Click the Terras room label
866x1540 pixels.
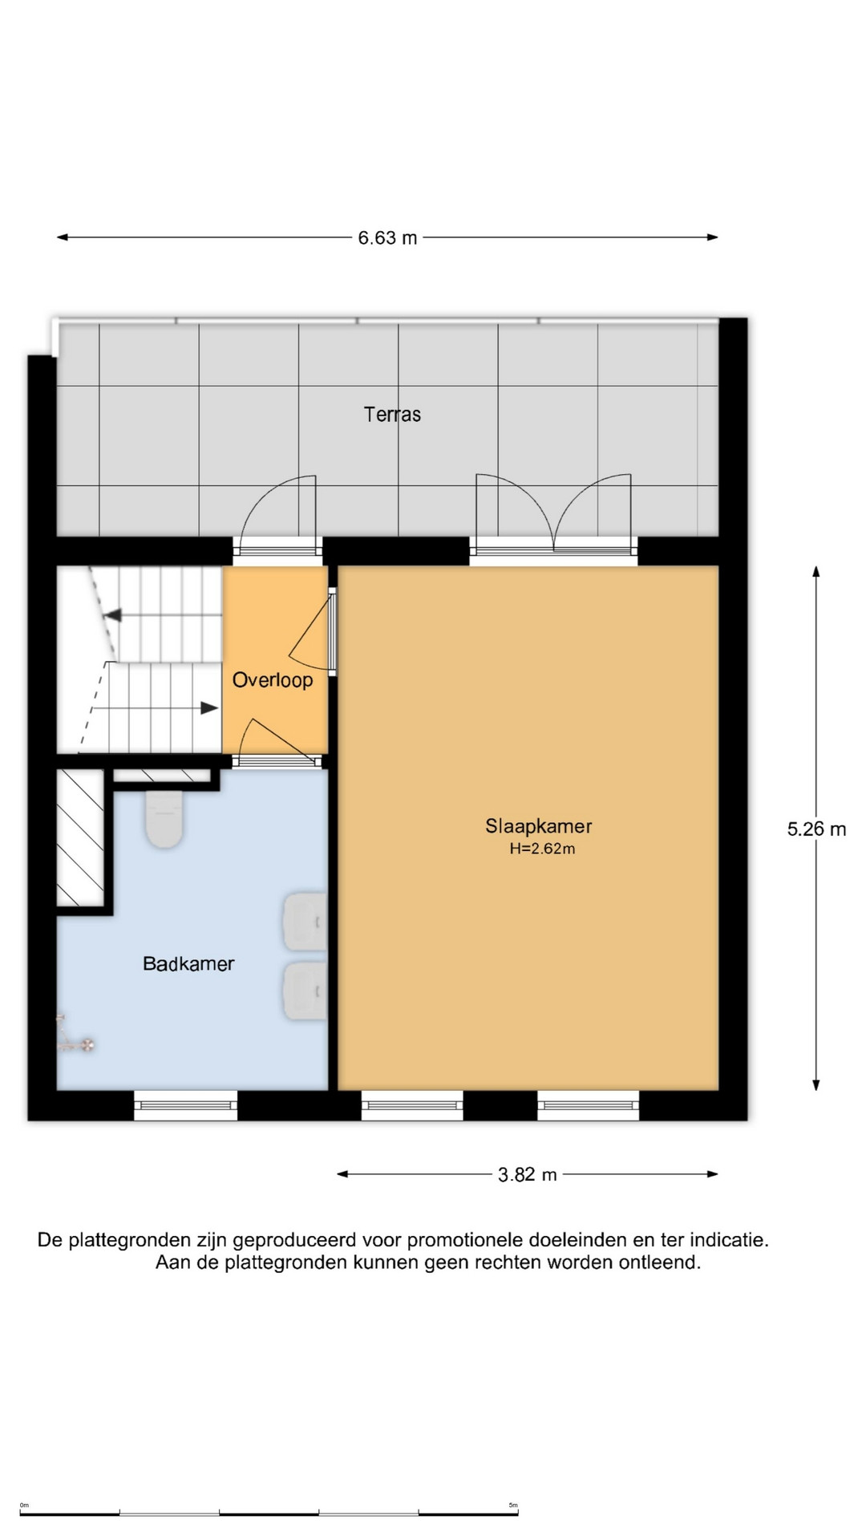pyautogui.click(x=392, y=415)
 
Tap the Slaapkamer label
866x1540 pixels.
pyautogui.click(x=539, y=826)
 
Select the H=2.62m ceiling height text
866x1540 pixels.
pyautogui.click(x=542, y=849)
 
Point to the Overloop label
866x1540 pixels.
pyautogui.click(x=273, y=680)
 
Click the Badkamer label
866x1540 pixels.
pyautogui.click(x=188, y=963)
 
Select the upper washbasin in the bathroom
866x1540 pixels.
pyautogui.click(x=306, y=922)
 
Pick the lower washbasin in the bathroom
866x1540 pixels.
pyautogui.click(x=306, y=991)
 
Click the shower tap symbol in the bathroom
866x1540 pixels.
pyautogui.click(x=73, y=1035)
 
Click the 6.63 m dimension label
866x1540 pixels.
pyautogui.click(x=387, y=238)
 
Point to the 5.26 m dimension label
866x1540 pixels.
pyautogui.click(x=816, y=829)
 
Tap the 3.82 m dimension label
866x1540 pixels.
pyautogui.click(x=527, y=1175)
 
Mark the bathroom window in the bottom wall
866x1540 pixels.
pyautogui.click(x=185, y=1105)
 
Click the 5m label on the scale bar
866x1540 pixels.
pyautogui.click(x=513, y=1506)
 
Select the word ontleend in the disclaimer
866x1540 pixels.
pyautogui.click(x=665, y=1262)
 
